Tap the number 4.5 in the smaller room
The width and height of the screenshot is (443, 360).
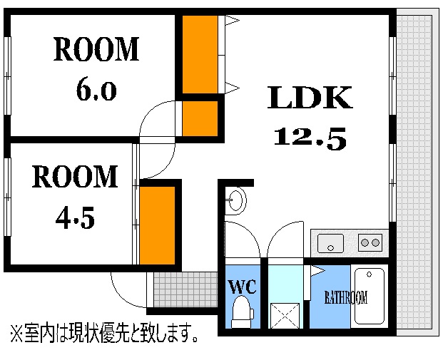[x=75, y=217]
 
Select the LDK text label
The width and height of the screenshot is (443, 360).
[x=310, y=98]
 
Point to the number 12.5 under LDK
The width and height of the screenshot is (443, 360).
[x=310, y=138]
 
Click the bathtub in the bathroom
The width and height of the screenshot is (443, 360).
[x=370, y=297]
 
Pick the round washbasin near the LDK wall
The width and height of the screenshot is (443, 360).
[x=237, y=200]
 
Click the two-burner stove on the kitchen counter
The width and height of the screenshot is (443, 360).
[x=370, y=243]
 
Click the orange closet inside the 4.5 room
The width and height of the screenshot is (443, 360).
[x=157, y=225]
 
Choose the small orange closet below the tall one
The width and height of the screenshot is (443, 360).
[x=200, y=118]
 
